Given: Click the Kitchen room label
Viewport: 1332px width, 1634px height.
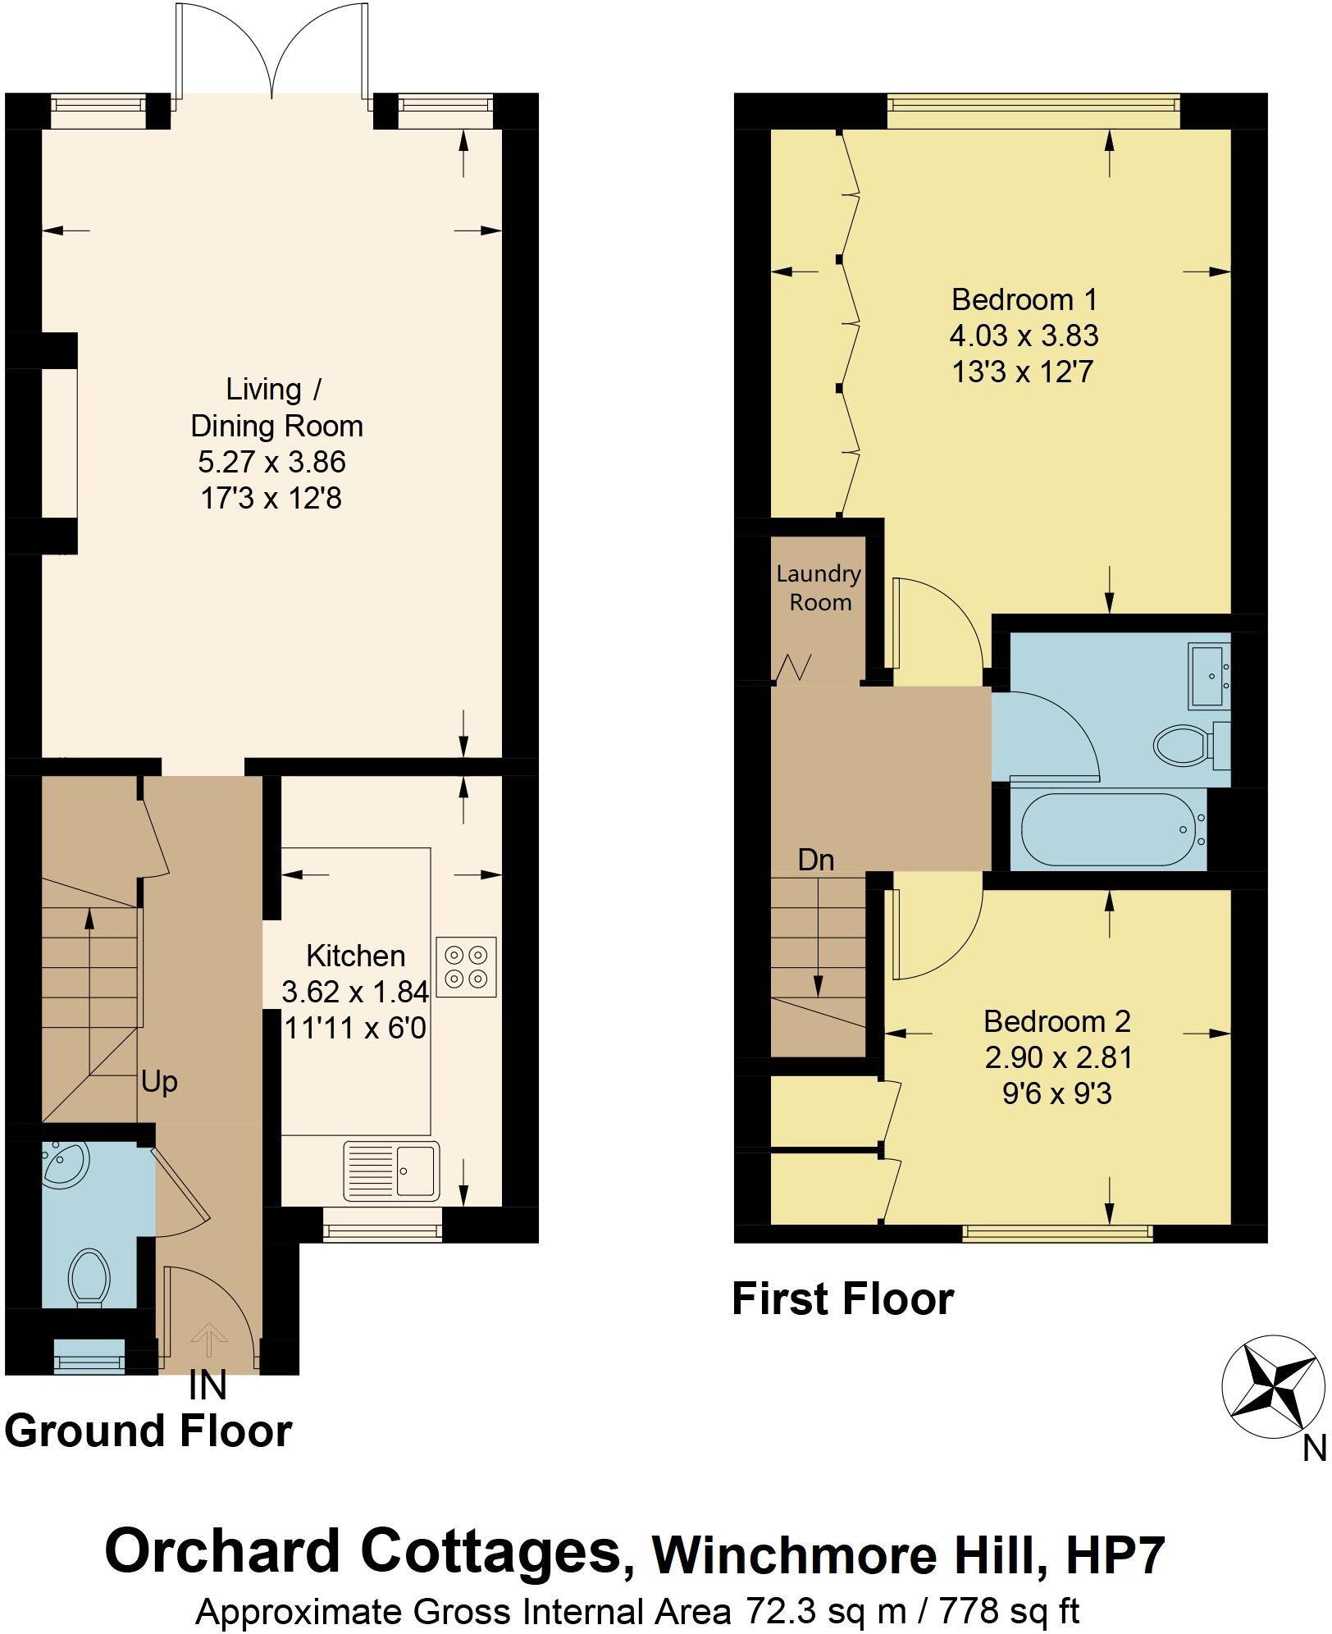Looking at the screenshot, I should (x=355, y=956).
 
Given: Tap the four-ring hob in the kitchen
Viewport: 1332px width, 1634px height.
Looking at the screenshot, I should (x=466, y=967).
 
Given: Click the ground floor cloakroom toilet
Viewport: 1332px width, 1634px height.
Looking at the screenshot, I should (x=89, y=1277).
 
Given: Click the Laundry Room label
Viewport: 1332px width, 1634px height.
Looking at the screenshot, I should (x=819, y=588).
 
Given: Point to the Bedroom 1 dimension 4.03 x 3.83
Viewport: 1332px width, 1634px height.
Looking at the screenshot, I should (x=1024, y=335).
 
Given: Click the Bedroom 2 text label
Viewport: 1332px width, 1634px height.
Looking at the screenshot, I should (x=1057, y=1021).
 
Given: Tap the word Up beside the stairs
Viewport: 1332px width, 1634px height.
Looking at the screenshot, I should (x=159, y=1082).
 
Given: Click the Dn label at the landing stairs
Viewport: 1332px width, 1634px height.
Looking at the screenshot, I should (x=816, y=860).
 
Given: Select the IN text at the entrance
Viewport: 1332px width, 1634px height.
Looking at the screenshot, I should (x=208, y=1385).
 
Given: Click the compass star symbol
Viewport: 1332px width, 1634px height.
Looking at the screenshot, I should (x=1272, y=1387).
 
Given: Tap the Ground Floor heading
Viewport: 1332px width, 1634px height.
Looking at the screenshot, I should (x=148, y=1431).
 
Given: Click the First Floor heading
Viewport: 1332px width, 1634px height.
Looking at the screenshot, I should (x=842, y=1300).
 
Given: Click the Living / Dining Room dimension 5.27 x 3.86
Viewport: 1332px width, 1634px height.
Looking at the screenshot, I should (x=271, y=462).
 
